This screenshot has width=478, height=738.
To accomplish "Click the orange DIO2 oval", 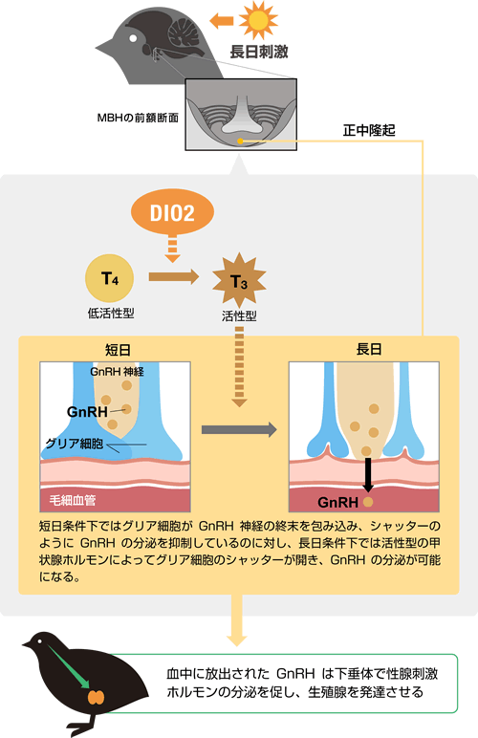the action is pos(172,213).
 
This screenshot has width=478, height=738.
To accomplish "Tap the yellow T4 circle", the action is pos(110,278).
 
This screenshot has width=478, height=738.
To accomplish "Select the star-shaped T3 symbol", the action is pos(239,281).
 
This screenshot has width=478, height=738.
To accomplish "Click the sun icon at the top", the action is pos(258,20).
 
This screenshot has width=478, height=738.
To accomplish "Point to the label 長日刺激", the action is pos(259,52).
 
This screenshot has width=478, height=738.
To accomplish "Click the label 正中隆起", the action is pos(369,130).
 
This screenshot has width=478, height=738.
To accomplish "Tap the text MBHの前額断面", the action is pos(138,118).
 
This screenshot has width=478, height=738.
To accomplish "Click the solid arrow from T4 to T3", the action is pos(174,277).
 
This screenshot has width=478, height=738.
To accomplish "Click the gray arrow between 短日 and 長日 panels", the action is pos(239,430).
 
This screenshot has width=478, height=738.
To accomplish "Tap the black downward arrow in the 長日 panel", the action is pos(368,474).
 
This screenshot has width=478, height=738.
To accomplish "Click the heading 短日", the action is pos(118,350).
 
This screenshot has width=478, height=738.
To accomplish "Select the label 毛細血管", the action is pos(73,500).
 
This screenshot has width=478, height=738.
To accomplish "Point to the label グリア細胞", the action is pos(75,443).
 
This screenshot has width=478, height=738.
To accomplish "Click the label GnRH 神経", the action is pos(118,372).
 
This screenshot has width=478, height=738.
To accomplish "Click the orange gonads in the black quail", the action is pos(97,697).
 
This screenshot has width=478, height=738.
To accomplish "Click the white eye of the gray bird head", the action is pos(134,37).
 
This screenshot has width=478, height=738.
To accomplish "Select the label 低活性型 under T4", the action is pos(111,313).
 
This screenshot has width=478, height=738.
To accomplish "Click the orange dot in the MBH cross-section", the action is pos(240,141).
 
